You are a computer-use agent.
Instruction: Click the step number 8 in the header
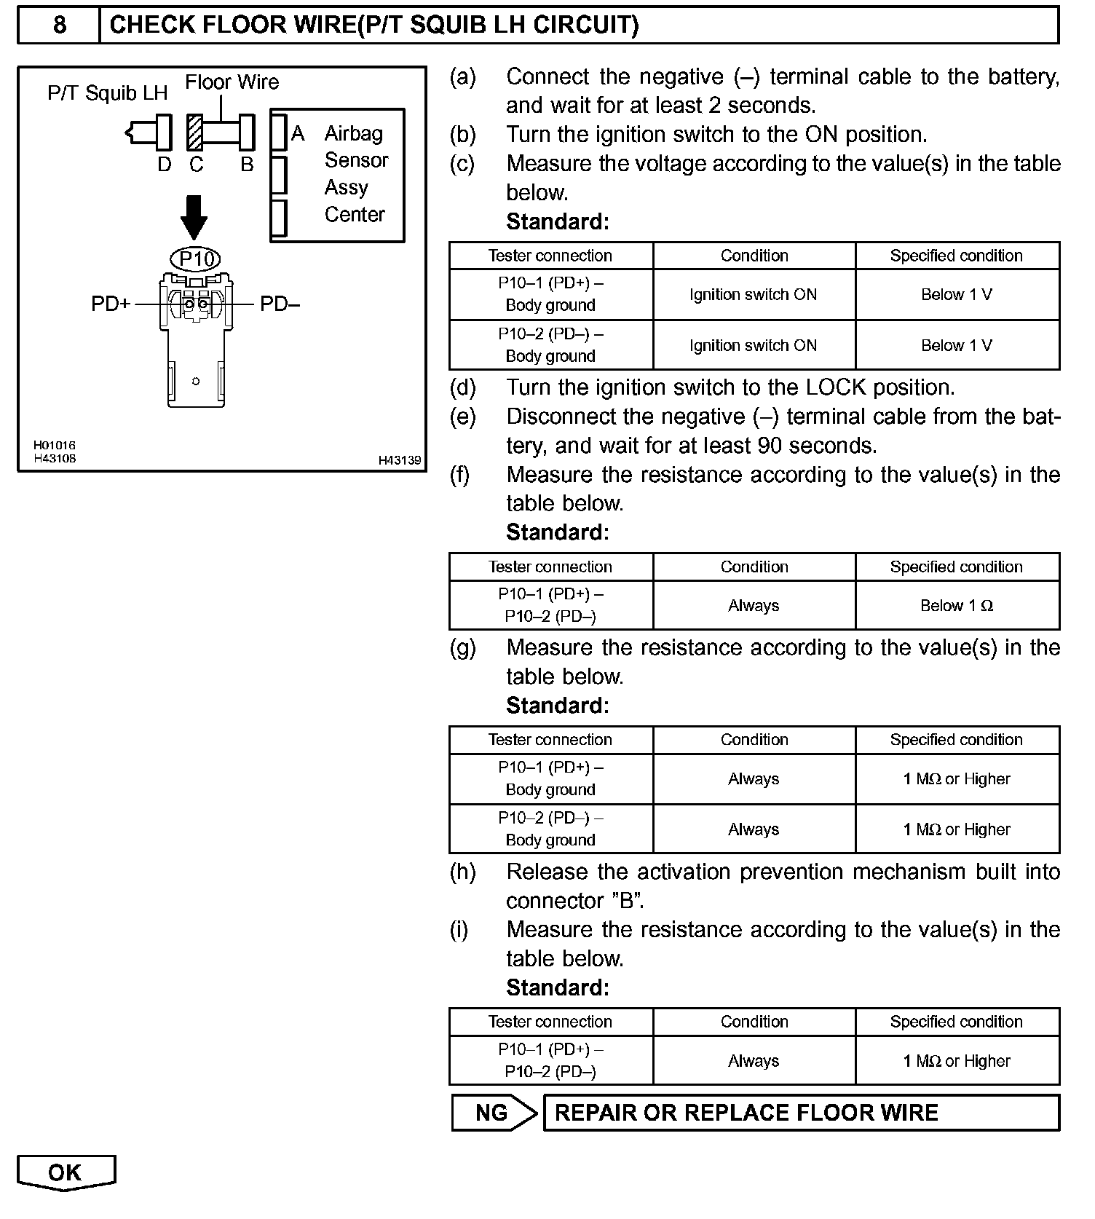(59, 25)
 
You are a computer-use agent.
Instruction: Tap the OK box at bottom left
(66, 1172)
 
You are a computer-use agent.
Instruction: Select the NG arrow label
(493, 1113)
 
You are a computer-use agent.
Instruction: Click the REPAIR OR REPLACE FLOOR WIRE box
(801, 1113)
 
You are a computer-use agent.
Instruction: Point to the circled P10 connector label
(195, 259)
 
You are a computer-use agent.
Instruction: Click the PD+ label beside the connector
(111, 304)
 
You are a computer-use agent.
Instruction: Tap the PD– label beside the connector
(280, 304)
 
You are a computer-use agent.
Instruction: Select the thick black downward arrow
(194, 216)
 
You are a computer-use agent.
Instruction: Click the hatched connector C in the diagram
(194, 133)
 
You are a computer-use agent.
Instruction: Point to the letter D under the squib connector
(165, 165)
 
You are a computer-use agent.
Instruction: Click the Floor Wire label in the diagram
(232, 82)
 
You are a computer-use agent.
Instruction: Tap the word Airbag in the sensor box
(354, 134)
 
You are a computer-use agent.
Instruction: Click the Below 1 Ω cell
(957, 606)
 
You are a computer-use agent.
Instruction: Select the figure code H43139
(400, 460)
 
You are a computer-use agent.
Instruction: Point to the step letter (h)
(462, 872)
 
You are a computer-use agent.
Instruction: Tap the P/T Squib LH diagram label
(107, 93)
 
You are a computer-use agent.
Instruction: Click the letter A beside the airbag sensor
(298, 134)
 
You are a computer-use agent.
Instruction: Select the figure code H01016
(54, 445)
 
